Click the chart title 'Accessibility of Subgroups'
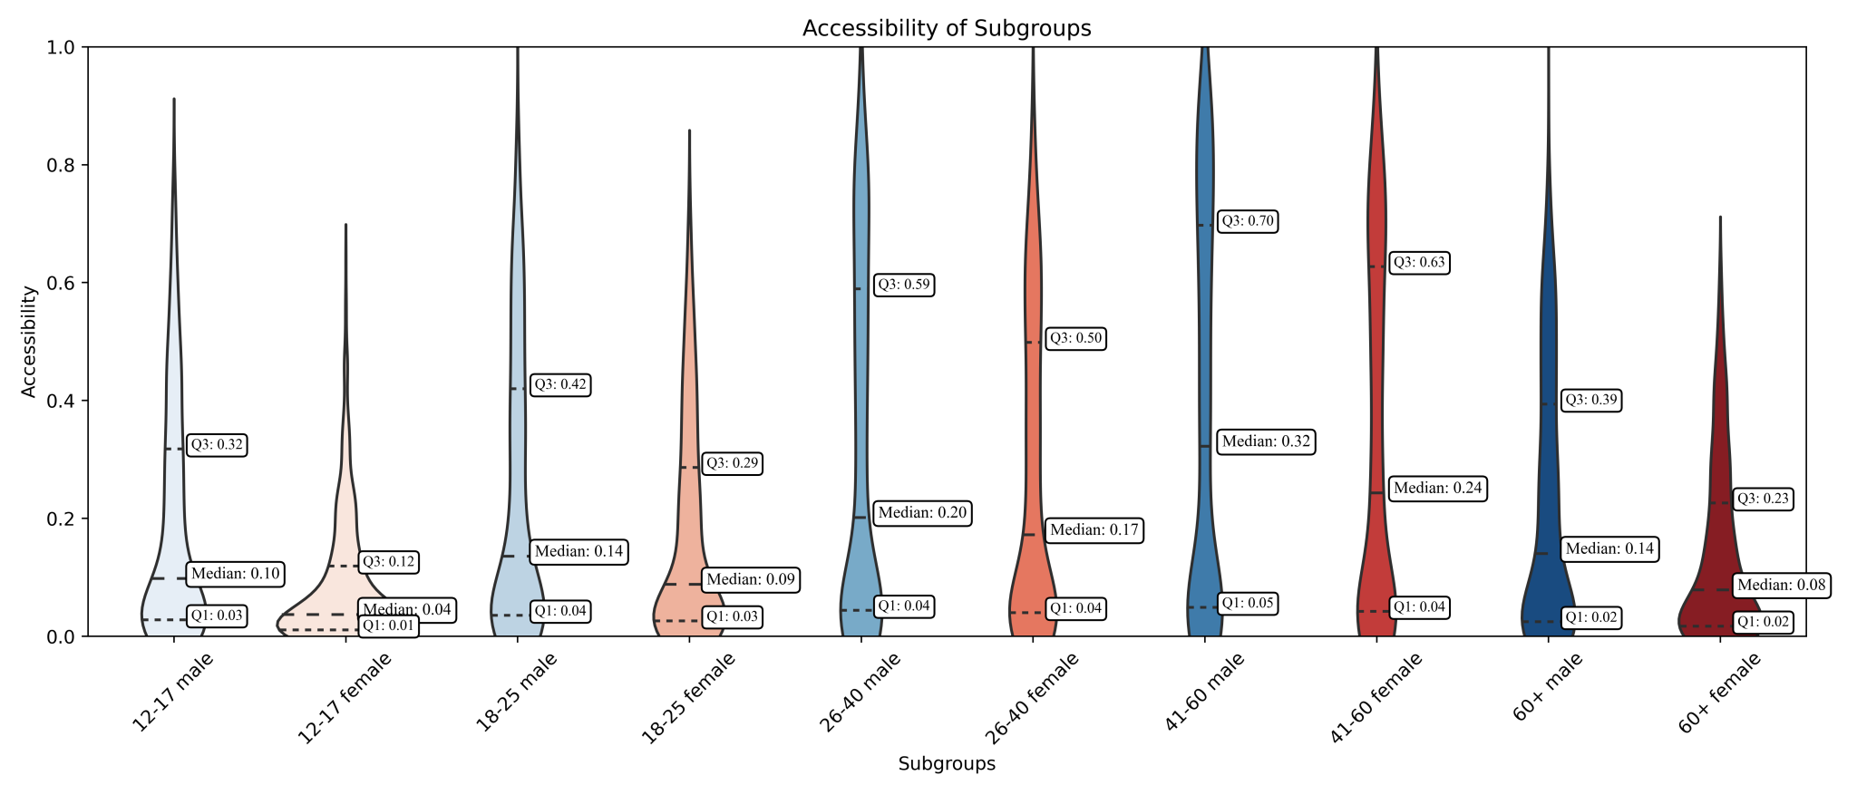[x=946, y=28]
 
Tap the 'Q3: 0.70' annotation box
[x=1247, y=220]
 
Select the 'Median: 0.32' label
[x=1266, y=442]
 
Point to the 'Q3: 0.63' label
[x=1419, y=263]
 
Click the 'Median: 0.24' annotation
[x=1437, y=489]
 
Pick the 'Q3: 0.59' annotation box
[x=903, y=285]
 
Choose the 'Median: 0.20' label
[x=922, y=513]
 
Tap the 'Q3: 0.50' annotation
[x=1075, y=339]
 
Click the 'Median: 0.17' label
[x=1094, y=530]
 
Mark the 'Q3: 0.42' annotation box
[x=560, y=385]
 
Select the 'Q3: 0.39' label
[x=1590, y=400]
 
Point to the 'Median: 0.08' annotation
[x=1781, y=586]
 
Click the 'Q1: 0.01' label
[x=388, y=626]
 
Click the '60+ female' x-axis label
[x=1719, y=693]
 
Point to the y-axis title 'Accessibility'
[x=29, y=341]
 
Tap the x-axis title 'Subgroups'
[x=946, y=764]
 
